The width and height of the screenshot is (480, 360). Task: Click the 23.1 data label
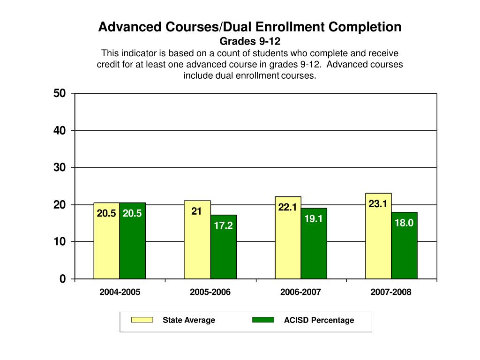tap(378, 203)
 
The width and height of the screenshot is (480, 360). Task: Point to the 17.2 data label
tap(224, 226)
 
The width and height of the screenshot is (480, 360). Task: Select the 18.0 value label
tap(404, 223)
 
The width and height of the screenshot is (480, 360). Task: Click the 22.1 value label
tap(287, 207)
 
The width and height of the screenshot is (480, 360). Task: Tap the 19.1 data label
tap(314, 218)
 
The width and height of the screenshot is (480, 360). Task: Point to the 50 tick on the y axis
tap(60, 93)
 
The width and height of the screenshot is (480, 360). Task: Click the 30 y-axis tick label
tap(60, 167)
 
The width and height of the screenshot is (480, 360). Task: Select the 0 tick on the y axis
tap(63, 279)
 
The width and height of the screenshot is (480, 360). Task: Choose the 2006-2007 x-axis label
tap(300, 292)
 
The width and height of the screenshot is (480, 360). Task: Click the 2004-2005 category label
tap(120, 292)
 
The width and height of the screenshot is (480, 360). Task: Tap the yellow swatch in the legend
tap(142, 320)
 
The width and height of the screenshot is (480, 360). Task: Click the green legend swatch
tap(263, 320)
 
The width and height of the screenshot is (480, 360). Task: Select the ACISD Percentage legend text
tap(319, 320)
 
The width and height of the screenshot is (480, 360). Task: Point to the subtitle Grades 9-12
tap(250, 41)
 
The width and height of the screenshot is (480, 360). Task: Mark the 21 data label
tap(196, 211)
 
